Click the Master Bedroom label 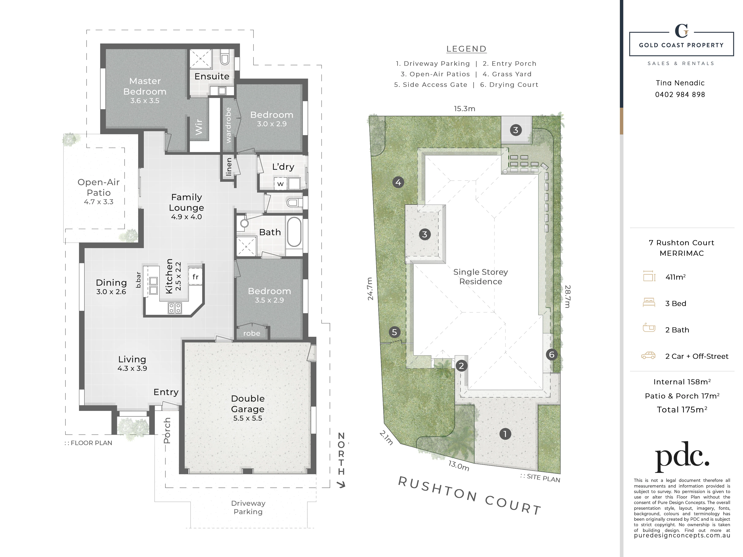[145, 86]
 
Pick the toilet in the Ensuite [225, 58]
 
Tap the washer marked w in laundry [280, 184]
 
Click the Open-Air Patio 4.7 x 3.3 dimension [99, 202]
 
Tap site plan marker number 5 [394, 332]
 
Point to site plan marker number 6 [551, 355]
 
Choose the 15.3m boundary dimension [465, 109]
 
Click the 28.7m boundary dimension [567, 296]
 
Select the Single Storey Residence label [481, 277]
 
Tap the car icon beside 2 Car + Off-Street [649, 356]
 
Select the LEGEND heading [466, 49]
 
